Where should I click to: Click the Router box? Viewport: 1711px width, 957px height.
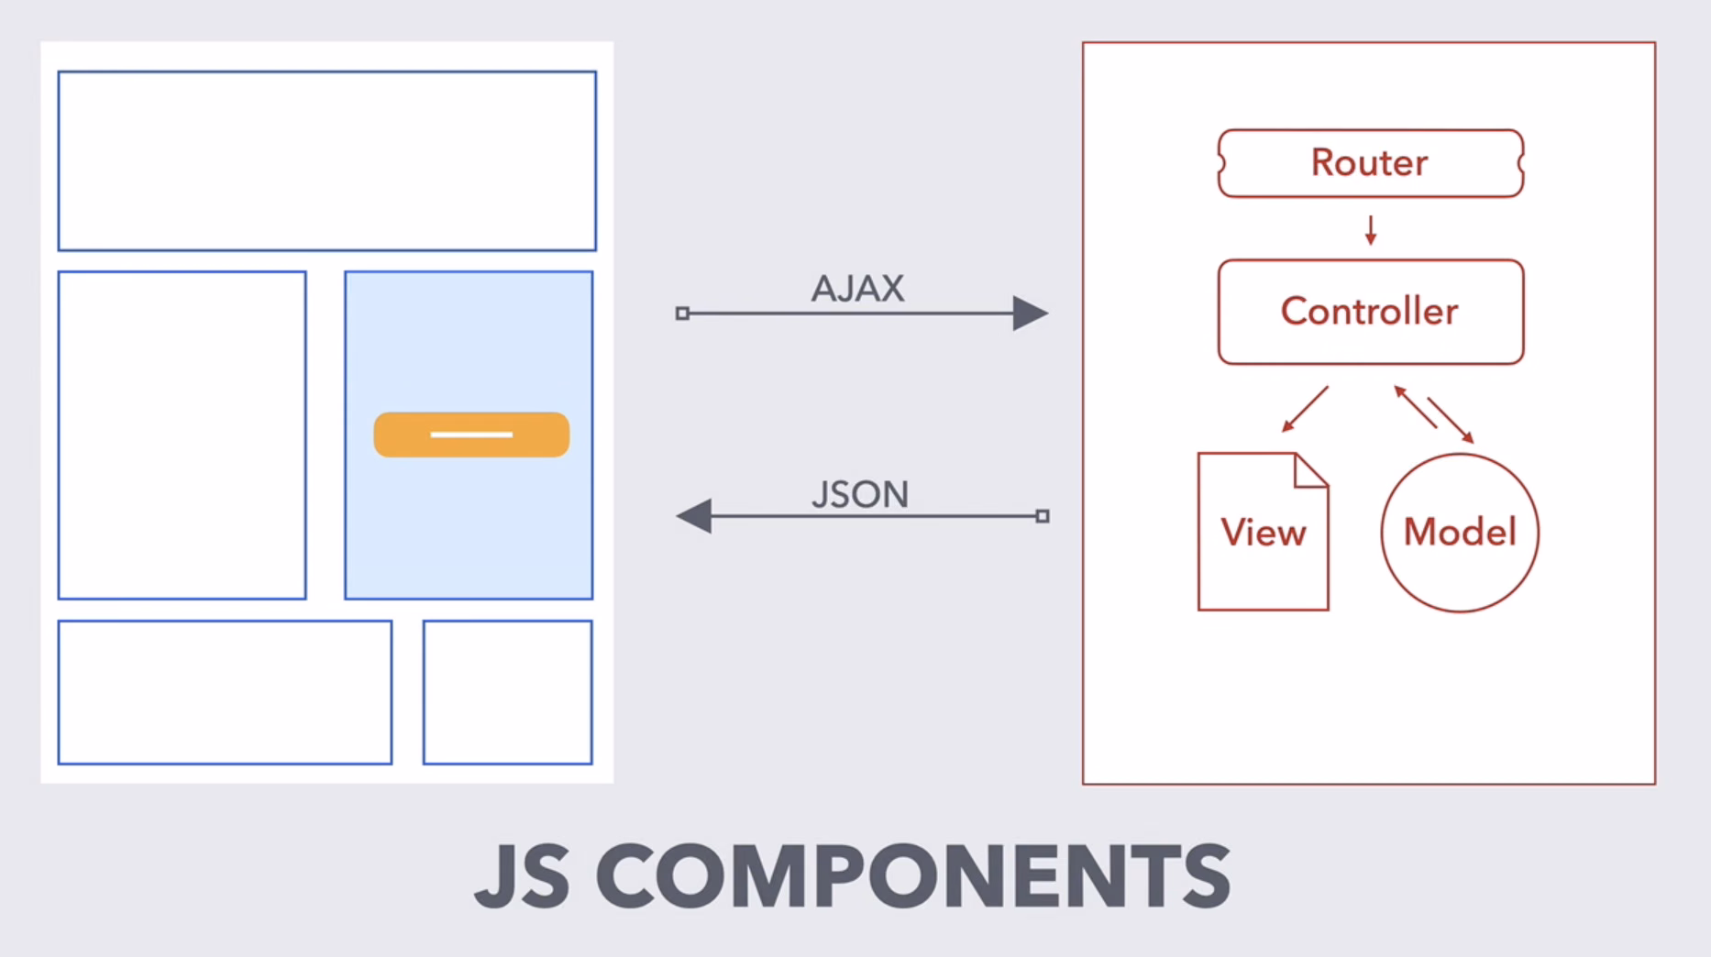tap(1371, 163)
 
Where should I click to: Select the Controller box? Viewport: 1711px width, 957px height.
tap(1371, 312)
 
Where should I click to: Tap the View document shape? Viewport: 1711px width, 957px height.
tap(1263, 532)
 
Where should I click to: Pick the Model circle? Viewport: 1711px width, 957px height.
tap(1460, 533)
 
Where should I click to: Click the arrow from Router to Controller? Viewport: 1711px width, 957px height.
tap(1371, 230)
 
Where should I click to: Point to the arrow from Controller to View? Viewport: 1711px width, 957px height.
tap(1305, 409)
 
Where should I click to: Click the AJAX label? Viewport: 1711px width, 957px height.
tap(857, 289)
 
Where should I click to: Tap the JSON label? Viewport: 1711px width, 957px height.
tap(860, 495)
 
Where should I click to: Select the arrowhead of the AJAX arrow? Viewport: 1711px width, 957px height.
tap(1031, 313)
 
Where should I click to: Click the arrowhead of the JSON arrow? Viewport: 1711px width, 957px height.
tap(694, 516)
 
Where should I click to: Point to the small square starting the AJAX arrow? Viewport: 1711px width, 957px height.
tap(682, 313)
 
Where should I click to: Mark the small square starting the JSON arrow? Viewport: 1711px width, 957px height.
tap(1043, 516)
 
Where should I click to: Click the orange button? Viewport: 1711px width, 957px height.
tap(471, 434)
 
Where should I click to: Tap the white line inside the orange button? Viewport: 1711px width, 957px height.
tap(471, 434)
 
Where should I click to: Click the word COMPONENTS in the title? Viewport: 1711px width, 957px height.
tap(913, 876)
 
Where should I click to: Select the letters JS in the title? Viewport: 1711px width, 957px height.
tap(522, 876)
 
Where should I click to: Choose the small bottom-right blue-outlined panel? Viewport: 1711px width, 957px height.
tap(508, 692)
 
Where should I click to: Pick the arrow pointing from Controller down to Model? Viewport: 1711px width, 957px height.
tap(1451, 420)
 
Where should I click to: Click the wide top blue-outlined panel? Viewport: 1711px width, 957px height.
tap(327, 160)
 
